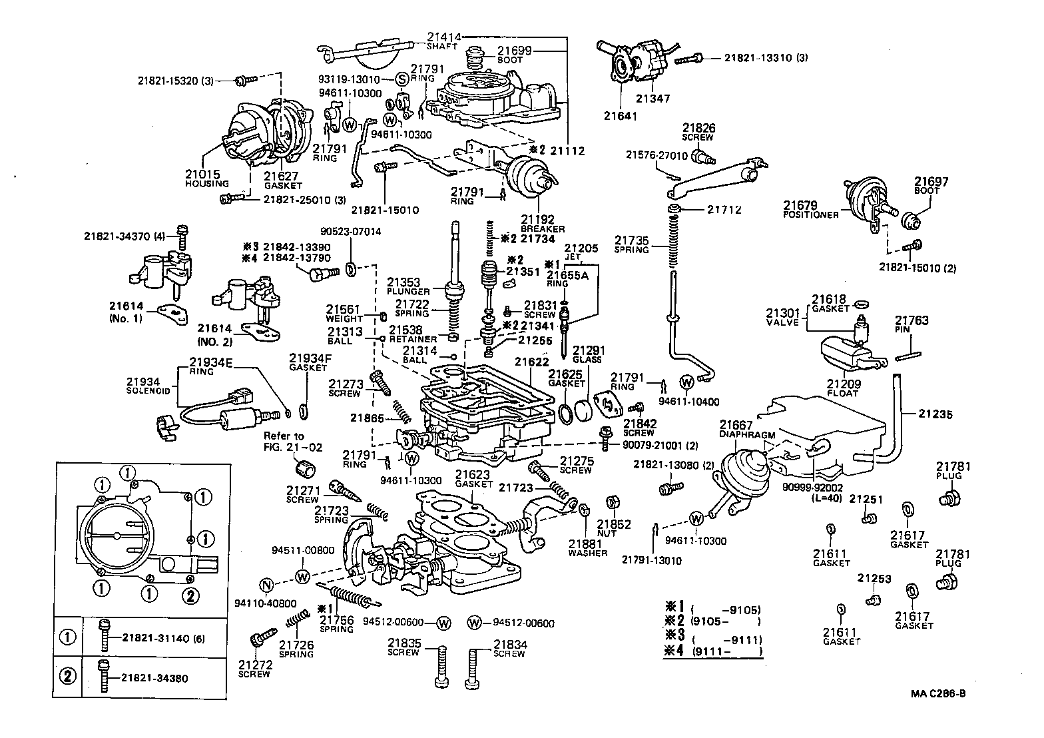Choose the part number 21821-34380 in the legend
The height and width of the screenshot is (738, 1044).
point(154,679)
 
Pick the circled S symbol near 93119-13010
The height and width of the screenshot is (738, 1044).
point(401,79)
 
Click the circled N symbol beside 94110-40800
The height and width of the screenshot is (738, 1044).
point(266,586)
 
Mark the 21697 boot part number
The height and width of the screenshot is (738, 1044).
point(931,182)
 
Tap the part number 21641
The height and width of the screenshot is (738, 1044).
point(621,115)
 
